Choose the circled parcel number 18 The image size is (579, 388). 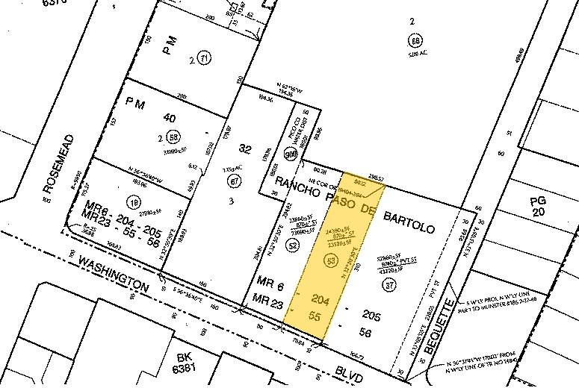pos(135,201)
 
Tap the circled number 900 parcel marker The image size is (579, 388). pos(290,153)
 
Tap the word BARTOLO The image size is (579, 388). pos(408,218)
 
